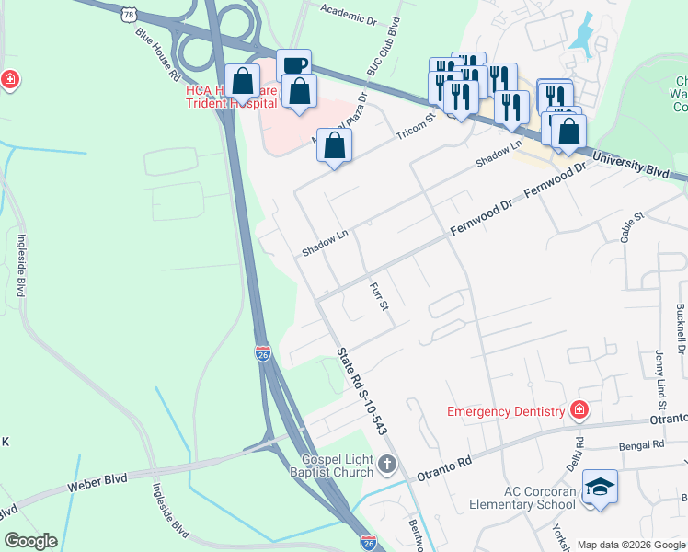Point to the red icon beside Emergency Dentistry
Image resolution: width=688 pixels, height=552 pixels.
(x=579, y=410)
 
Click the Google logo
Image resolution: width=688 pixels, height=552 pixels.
(x=30, y=541)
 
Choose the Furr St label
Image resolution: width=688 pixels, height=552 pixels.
(x=381, y=303)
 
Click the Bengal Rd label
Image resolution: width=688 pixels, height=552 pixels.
(x=642, y=446)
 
